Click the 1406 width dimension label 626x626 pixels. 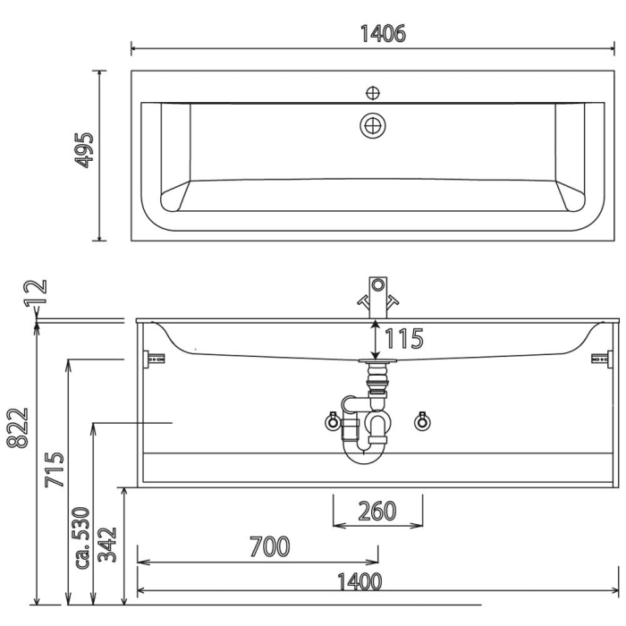382,33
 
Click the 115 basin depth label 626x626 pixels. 403,339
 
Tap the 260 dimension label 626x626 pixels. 376,511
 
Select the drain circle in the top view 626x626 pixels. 373,125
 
